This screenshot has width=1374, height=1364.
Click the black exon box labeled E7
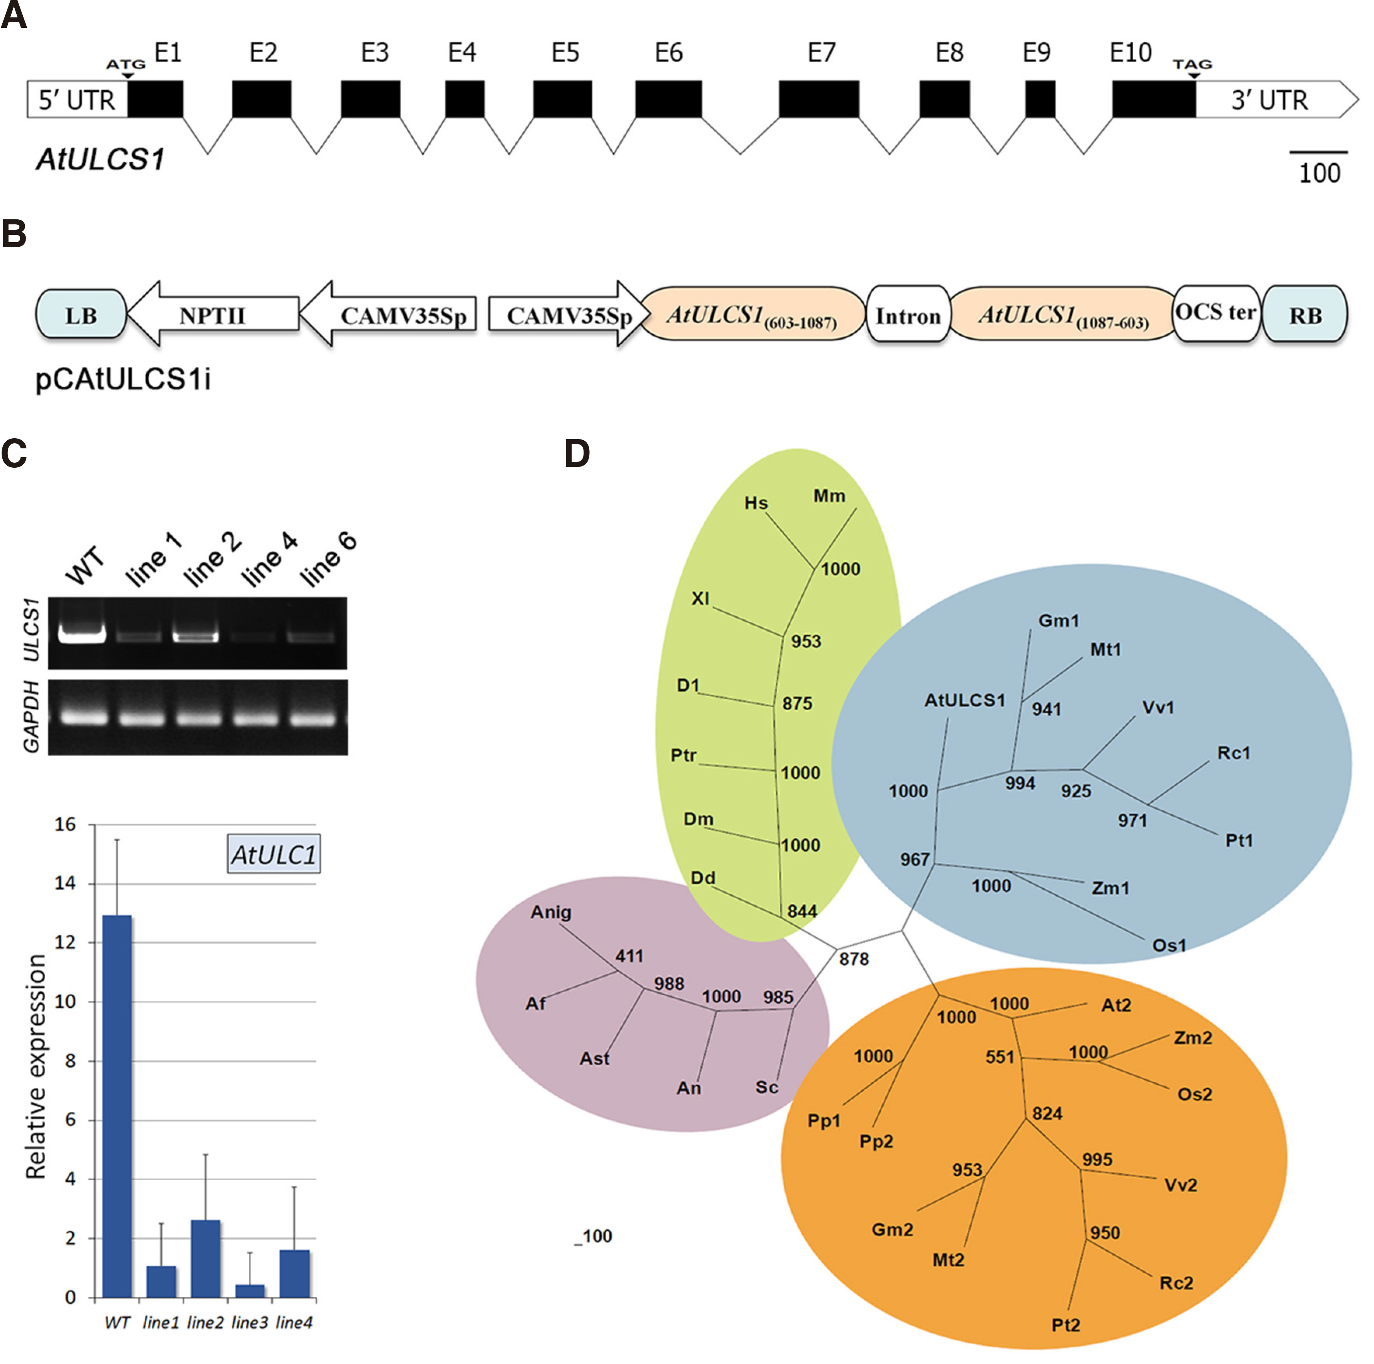click(819, 99)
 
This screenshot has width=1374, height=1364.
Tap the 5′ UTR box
click(77, 99)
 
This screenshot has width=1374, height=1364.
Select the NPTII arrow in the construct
click(212, 315)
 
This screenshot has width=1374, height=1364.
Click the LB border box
click(80, 315)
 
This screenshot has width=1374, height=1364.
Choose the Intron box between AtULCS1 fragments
click(907, 315)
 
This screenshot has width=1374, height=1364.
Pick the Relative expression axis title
click(36, 1067)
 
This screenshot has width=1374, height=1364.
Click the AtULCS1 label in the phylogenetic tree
click(964, 701)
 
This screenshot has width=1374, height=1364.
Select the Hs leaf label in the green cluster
click(756, 504)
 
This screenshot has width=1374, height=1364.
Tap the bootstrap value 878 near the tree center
click(854, 959)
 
